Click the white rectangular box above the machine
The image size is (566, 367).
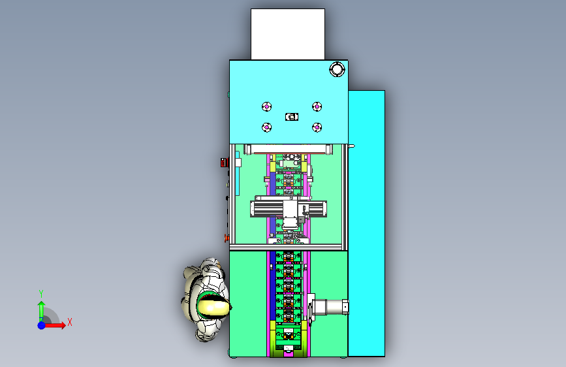click(288, 34)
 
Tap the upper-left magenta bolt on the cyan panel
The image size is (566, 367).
click(267, 106)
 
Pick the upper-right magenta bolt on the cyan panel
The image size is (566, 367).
click(317, 106)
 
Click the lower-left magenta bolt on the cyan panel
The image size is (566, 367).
click(267, 127)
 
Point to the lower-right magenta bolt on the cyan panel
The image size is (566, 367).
click(317, 127)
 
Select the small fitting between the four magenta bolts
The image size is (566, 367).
click(292, 117)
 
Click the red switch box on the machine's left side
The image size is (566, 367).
click(225, 163)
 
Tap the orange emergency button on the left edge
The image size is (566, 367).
click(227, 238)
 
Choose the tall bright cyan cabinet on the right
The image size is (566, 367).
click(367, 223)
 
